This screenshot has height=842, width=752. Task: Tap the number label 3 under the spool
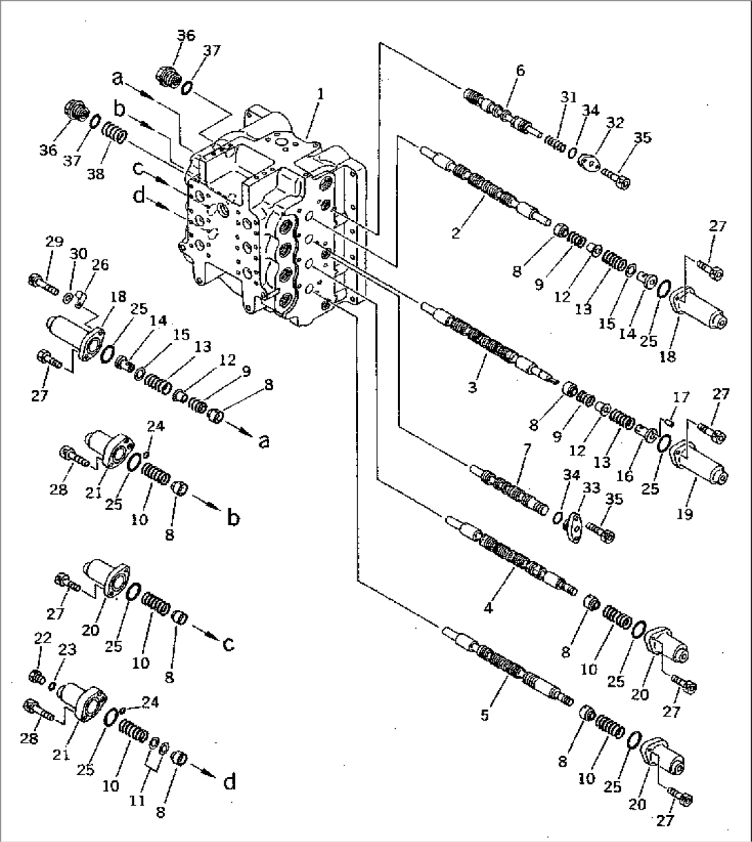472,388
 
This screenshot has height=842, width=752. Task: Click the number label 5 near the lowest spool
485,716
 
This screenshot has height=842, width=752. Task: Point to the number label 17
680,398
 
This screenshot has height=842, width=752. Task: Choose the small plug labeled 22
39,674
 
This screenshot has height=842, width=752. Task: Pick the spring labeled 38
114,132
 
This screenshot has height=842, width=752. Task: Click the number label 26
100,264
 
